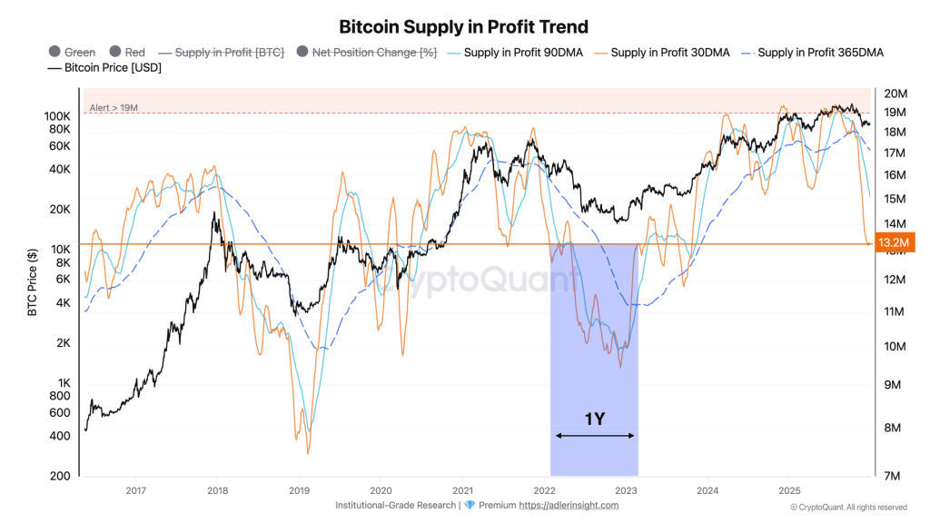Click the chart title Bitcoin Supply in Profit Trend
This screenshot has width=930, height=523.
pos(463,27)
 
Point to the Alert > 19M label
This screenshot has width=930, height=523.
pos(114,108)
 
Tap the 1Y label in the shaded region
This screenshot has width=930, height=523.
pos(594,419)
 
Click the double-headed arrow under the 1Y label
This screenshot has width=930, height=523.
pos(594,436)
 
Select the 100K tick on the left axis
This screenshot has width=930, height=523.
pos(56,117)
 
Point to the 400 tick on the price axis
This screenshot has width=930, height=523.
pos(60,436)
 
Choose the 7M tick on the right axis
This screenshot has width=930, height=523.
pos(894,476)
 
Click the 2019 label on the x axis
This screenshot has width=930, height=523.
pos(299,490)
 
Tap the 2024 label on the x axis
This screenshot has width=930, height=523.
pos(707,490)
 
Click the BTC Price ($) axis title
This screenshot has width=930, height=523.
pos(33,282)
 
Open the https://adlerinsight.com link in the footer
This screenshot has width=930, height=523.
pos(569,506)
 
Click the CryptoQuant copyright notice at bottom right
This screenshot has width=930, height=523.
pos(847,507)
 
